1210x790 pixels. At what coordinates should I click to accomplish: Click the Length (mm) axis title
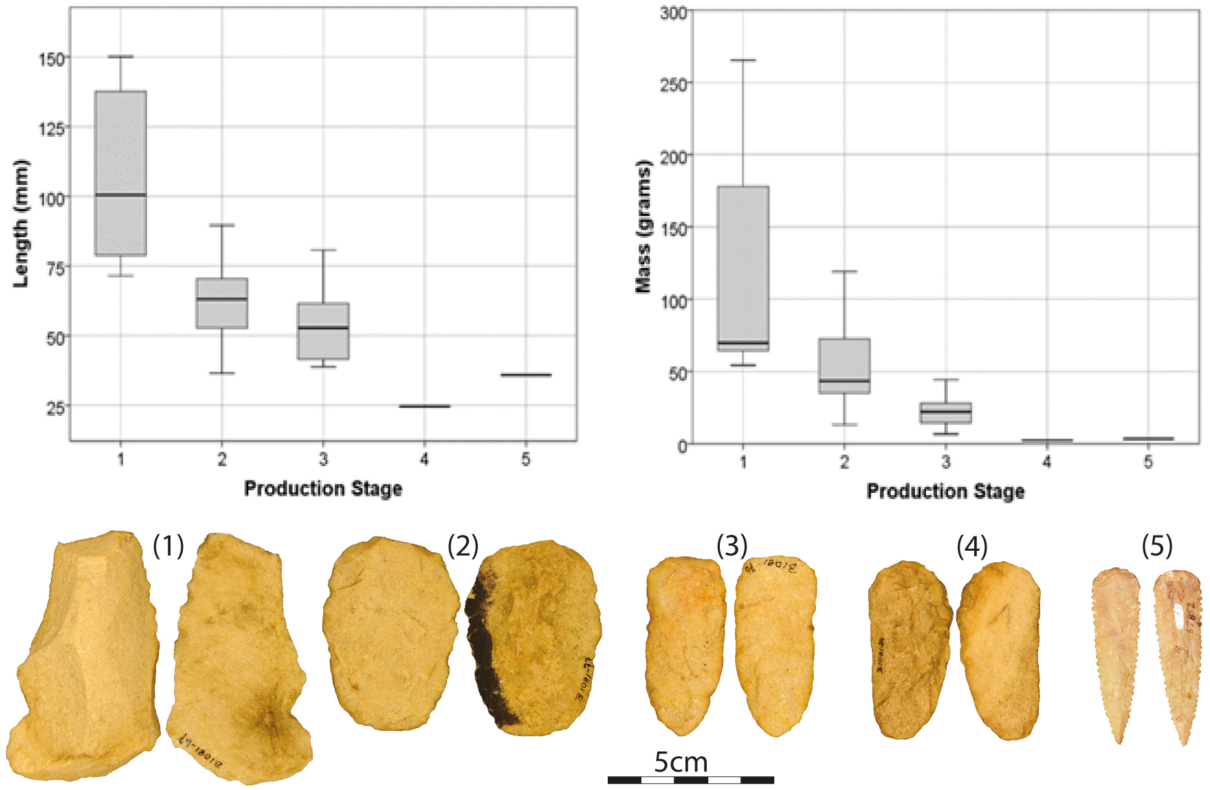pyautogui.click(x=21, y=223)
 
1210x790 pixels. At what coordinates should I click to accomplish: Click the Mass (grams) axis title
pyautogui.click(x=643, y=227)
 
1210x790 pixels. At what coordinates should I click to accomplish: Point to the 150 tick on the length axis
pyautogui.click(x=52, y=59)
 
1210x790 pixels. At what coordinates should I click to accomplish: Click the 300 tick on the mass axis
pyautogui.click(x=673, y=12)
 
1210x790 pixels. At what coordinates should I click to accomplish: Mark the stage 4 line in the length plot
pyautogui.click(x=424, y=406)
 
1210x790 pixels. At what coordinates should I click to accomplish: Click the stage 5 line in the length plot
pyautogui.click(x=526, y=375)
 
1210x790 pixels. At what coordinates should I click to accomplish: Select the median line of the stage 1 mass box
pyautogui.click(x=743, y=342)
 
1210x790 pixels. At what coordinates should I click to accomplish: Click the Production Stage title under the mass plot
pyautogui.click(x=945, y=491)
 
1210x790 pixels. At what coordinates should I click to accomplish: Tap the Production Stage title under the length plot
pyautogui.click(x=323, y=488)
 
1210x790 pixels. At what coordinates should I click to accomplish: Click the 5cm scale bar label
pyautogui.click(x=681, y=762)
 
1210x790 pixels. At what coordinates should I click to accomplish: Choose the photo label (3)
pyautogui.click(x=731, y=546)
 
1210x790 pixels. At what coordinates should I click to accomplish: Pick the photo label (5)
pyautogui.click(x=1157, y=546)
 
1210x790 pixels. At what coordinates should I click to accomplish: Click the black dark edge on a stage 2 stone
pyautogui.click(x=485, y=653)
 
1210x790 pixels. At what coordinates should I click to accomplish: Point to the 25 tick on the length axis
pyautogui.click(x=55, y=408)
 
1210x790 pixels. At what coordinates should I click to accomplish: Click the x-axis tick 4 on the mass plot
pyautogui.click(x=1046, y=462)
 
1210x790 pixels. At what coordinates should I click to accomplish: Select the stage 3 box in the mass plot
pyautogui.click(x=946, y=413)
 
